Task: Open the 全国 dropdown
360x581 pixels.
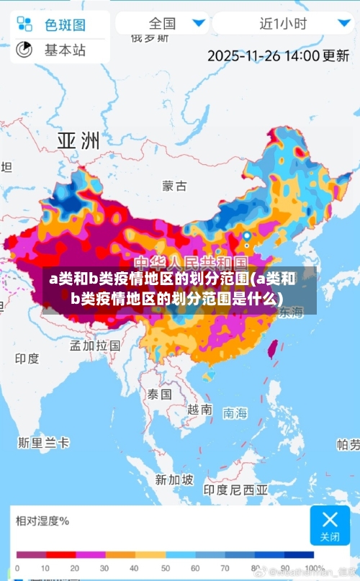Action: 162,23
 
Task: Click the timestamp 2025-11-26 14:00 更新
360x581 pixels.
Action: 278,55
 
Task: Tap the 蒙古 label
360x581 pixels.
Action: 174,186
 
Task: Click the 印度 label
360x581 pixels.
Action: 27,358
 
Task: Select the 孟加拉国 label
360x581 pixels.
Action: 95,345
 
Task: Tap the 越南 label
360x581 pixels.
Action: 199,409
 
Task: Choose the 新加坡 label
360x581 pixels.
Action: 174,479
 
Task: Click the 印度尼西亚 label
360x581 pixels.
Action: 235,489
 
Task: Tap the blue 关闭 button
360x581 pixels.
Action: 330,525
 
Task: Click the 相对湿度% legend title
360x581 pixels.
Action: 42,520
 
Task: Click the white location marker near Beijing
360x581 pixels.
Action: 247,236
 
